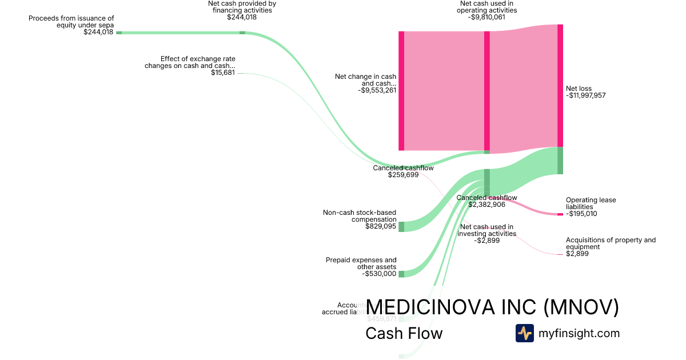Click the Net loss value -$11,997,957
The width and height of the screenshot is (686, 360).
tap(585, 96)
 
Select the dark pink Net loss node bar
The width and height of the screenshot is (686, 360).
tap(560, 86)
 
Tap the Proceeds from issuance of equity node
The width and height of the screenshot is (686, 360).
tap(119, 33)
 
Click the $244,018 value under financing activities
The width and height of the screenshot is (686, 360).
tap(242, 17)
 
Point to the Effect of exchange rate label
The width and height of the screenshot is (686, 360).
tap(198, 62)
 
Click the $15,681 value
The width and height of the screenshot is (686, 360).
tap(223, 73)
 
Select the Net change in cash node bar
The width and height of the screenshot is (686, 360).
tap(401, 91)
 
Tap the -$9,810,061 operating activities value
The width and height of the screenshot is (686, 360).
tap(486, 17)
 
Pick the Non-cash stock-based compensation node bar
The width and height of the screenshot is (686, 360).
tap(401, 226)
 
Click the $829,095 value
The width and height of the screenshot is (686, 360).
tap(381, 226)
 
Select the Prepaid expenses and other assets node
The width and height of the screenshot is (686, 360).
tap(401, 274)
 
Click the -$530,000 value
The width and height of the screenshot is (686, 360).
tap(379, 274)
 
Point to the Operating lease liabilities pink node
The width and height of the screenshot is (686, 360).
tap(560, 214)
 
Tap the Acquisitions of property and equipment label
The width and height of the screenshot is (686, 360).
tap(611, 243)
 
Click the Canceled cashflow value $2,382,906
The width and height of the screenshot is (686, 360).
tap(486, 205)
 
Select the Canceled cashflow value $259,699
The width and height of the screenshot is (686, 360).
tap(403, 175)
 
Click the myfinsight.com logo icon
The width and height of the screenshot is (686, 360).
tap(524, 333)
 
